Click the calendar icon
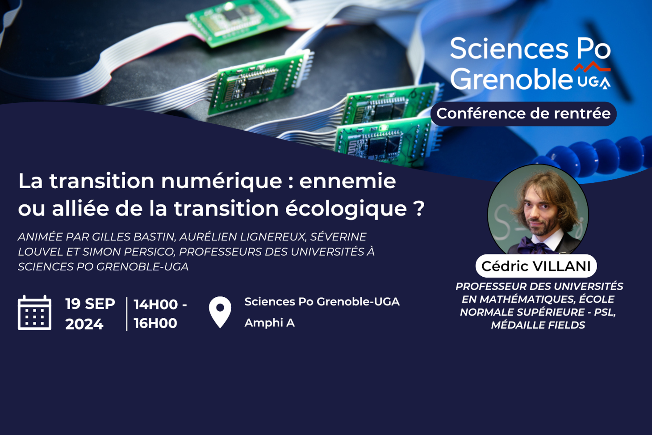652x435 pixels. tap(35, 313)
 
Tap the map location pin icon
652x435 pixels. tap(220, 312)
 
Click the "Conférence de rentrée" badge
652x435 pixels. tap(523, 114)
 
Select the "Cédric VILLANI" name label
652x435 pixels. tap(536, 266)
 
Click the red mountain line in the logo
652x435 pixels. tap(592, 67)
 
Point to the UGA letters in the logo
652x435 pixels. tap(594, 82)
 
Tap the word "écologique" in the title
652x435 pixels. tap(346, 209)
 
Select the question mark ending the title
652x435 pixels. tap(419, 208)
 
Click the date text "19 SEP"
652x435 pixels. tap(90, 304)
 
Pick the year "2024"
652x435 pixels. tap(84, 324)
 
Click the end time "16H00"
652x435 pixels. tap(155, 323)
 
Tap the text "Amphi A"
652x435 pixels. tap(270, 323)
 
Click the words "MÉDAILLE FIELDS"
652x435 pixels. tap(538, 325)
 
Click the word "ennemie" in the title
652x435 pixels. tap(347, 181)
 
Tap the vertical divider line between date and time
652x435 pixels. tap(127, 314)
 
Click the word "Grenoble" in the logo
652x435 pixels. tap(511, 79)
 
